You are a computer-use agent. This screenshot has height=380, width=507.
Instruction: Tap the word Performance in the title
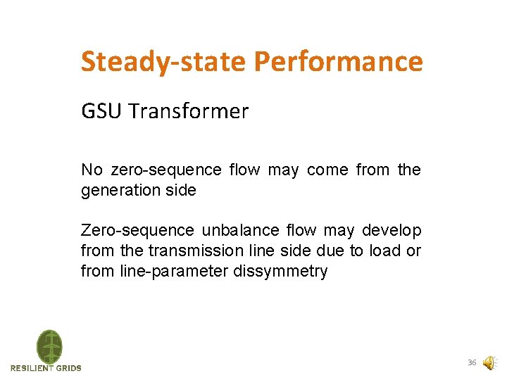click(x=338, y=62)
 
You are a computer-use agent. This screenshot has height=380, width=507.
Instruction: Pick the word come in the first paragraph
click(x=327, y=170)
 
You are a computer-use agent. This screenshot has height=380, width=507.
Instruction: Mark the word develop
click(x=392, y=231)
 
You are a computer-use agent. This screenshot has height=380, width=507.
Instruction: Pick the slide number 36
click(x=472, y=362)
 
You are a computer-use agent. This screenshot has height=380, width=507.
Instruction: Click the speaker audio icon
click(x=489, y=362)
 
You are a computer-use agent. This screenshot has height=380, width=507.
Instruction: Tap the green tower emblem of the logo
click(x=49, y=347)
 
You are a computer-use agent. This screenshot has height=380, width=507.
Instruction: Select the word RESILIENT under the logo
click(x=32, y=368)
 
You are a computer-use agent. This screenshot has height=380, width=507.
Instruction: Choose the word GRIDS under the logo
click(x=69, y=368)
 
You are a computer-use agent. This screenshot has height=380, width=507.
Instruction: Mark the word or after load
click(x=414, y=251)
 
